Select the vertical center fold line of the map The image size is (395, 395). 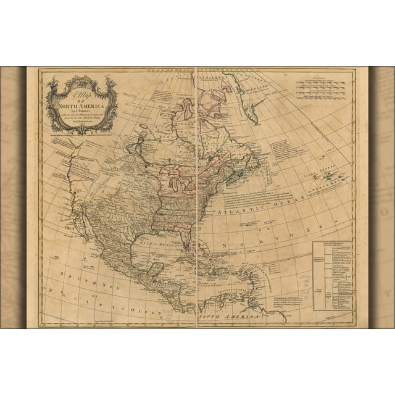[196, 197]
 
